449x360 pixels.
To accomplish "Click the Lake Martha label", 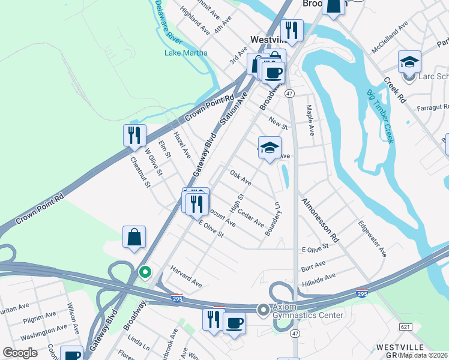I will [x=186, y=53].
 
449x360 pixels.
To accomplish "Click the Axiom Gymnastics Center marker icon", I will [x=263, y=310].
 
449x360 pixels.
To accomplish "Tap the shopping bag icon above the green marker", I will [x=134, y=236].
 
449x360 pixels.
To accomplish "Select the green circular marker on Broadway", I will [x=145, y=272].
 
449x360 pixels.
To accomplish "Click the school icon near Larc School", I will [x=409, y=62].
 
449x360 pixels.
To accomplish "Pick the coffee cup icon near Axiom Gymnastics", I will [x=234, y=322].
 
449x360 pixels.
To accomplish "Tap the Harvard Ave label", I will [x=186, y=275].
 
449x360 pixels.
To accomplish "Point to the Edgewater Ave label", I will [x=372, y=239].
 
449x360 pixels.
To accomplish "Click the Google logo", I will [x=20, y=353].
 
